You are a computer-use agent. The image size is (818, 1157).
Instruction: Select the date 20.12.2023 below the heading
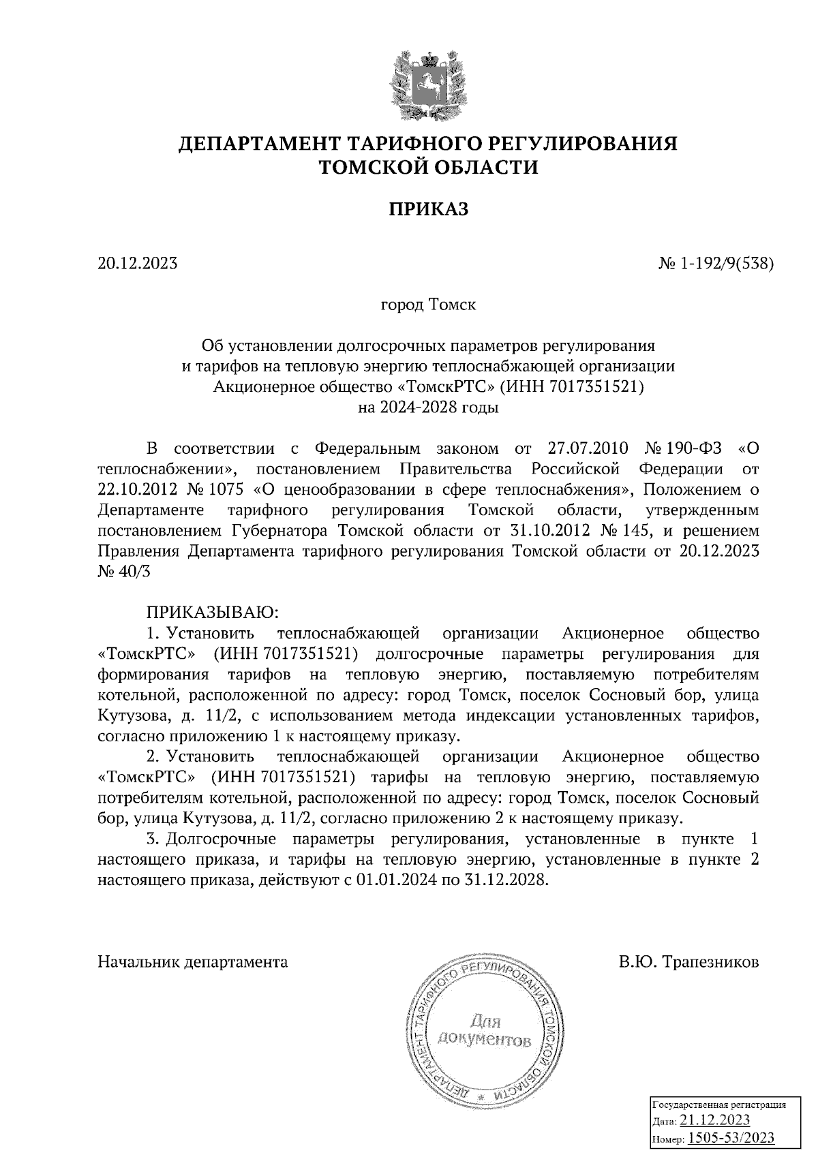tap(138, 263)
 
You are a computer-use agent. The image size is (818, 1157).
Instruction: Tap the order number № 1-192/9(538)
tap(712, 263)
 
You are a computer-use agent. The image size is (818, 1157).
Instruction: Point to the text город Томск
tap(428, 304)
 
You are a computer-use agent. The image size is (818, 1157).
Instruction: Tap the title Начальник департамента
tap(193, 962)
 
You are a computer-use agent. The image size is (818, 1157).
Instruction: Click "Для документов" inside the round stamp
tap(484, 1031)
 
